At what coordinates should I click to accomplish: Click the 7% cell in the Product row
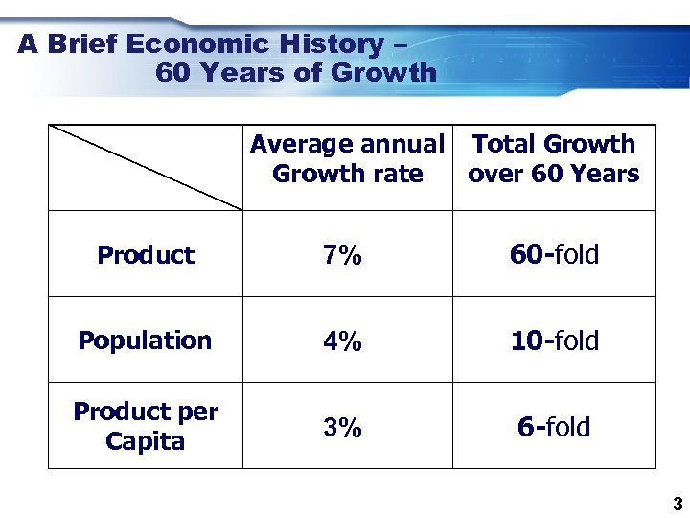point(342,255)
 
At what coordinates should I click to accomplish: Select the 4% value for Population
point(342,341)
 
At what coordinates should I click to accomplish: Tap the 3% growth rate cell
point(342,428)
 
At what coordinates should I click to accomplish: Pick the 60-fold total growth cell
point(554,255)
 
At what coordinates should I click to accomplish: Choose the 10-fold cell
point(554,341)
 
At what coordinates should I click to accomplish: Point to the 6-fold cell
point(554,428)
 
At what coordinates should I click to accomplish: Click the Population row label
point(145,341)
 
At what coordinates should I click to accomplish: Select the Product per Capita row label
point(146,426)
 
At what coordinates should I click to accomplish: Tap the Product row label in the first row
point(146,255)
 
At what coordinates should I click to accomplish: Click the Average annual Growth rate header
point(347,159)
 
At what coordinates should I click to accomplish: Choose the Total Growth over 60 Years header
point(554,159)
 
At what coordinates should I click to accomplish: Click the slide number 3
point(677,504)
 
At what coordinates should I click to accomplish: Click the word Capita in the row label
point(146,441)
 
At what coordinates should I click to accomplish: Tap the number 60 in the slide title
point(172,73)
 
